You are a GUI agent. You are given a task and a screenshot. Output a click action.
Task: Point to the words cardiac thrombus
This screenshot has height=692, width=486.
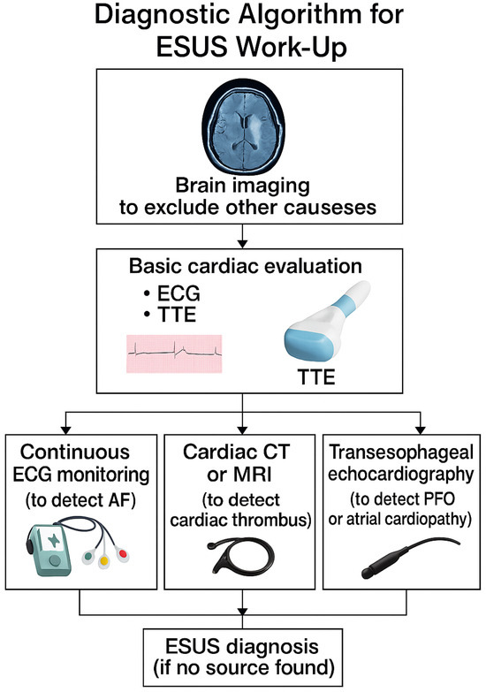click(242, 517)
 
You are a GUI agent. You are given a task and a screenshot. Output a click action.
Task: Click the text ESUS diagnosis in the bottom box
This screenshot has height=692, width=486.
click(242, 647)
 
